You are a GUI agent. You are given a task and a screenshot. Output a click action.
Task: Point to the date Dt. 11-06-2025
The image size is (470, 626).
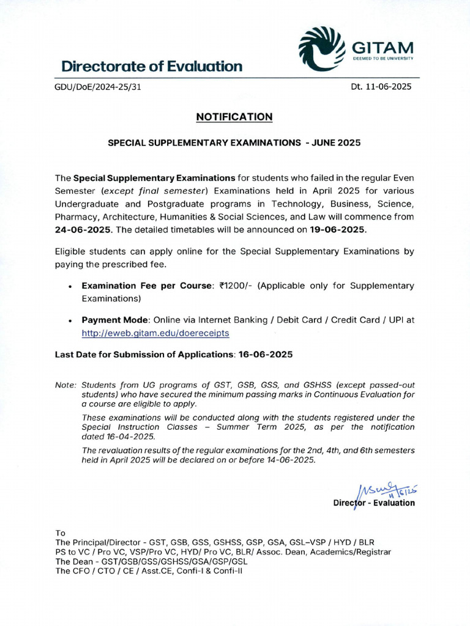pos(381,87)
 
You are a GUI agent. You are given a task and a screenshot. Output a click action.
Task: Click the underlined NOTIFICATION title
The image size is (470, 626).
pos(234,117)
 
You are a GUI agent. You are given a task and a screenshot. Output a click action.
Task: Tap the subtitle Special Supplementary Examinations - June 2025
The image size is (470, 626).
pos(234,142)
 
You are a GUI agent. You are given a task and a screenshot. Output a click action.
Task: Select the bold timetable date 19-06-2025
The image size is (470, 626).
pos(338,230)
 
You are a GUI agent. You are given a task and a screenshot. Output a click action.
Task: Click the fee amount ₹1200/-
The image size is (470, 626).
pos(233,285)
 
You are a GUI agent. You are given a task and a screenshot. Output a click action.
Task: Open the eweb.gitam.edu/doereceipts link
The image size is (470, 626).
pos(155,333)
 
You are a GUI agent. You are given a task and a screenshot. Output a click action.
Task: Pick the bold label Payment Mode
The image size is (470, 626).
pos(115,320)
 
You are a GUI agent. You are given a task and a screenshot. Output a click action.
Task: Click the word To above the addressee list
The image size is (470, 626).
pos(60,533)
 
